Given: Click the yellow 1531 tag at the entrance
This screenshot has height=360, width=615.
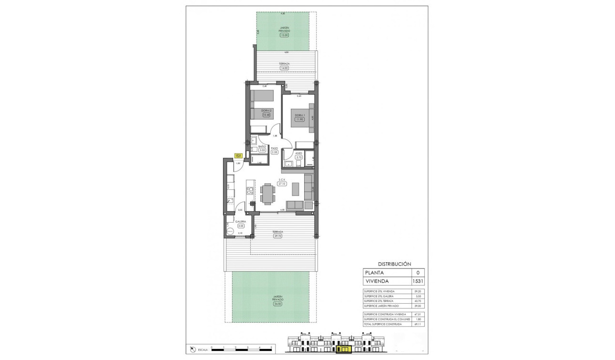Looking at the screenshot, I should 238,155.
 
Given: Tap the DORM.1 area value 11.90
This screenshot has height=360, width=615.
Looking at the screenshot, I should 299,119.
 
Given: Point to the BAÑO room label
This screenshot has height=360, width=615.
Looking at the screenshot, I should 262,146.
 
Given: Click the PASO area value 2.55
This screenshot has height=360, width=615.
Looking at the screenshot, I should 275,152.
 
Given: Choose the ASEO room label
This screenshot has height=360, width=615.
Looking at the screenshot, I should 299,153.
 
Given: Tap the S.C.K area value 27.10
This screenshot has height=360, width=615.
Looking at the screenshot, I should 282,184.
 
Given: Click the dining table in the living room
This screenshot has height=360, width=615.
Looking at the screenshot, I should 268,194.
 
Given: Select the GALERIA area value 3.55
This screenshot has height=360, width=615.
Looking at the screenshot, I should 240,226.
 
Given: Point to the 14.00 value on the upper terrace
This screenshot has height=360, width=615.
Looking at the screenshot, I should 285,68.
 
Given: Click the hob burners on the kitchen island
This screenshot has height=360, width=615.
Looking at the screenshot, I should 249,191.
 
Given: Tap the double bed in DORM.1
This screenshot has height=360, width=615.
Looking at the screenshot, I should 301,119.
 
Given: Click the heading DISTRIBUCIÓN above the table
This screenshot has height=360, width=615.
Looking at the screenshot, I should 394,264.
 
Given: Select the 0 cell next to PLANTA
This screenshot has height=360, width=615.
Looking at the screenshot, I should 418,273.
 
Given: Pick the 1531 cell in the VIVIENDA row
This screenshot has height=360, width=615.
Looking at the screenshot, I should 418,281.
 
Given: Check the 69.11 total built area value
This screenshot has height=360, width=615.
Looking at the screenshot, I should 418,324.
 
